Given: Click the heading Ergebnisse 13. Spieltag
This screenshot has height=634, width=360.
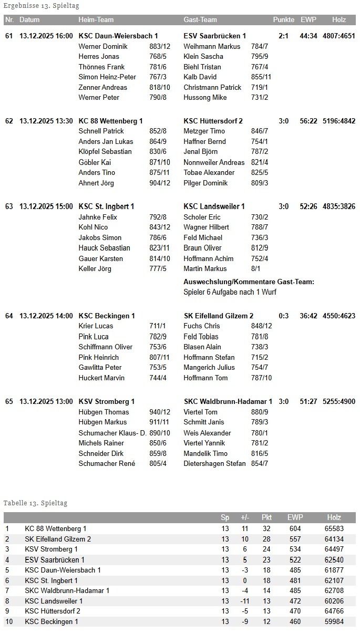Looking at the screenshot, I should (x=42, y=6).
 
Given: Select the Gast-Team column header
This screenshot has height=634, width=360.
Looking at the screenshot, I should (x=200, y=20).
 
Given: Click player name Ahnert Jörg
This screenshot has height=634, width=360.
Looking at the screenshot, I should (x=96, y=183).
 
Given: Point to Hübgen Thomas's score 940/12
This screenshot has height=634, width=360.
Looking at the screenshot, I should (x=160, y=412).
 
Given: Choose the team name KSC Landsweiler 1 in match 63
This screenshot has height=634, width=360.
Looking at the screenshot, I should (x=214, y=206).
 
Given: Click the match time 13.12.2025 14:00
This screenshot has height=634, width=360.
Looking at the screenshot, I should (x=46, y=316).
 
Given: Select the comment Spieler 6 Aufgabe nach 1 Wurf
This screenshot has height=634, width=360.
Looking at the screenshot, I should (x=230, y=292).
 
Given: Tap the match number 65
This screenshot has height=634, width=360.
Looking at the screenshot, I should (x=9, y=401).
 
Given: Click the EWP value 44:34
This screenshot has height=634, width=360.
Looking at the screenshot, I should (x=308, y=36).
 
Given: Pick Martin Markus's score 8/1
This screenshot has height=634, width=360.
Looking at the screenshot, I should (x=255, y=268).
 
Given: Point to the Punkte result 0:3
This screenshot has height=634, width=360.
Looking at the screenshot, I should (x=284, y=316).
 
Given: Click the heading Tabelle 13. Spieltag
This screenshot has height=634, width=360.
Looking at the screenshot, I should (x=35, y=503).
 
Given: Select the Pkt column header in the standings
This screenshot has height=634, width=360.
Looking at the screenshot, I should (x=266, y=517).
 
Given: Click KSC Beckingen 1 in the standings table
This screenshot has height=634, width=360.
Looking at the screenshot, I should (x=52, y=621).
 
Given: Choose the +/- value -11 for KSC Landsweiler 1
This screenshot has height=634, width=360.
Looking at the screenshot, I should (x=244, y=601).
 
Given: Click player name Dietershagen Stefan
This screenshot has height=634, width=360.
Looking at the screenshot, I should (x=214, y=463).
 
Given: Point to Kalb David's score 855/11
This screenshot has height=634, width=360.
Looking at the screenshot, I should (x=261, y=77).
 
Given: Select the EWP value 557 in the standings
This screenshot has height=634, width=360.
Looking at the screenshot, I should (x=295, y=539).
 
